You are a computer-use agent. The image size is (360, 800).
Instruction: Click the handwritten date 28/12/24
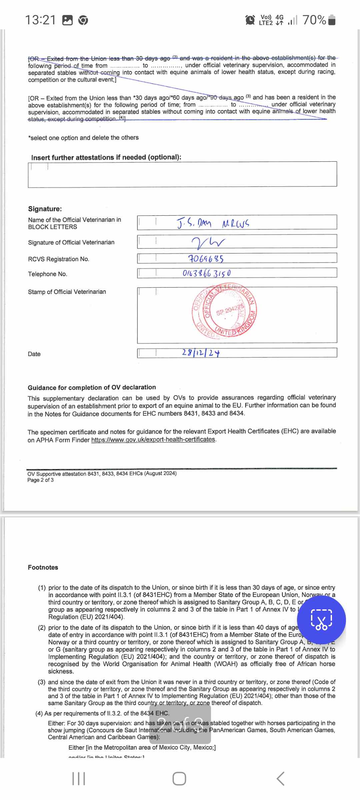click(x=201, y=353)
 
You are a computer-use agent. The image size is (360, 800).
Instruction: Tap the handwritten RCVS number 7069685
click(x=206, y=259)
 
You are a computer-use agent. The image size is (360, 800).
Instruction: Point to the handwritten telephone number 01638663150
click(x=207, y=273)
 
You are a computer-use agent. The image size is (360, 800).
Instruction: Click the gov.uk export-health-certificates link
click(x=153, y=440)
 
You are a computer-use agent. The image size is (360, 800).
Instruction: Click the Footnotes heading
click(x=43, y=567)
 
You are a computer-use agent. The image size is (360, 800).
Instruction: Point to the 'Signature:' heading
click(x=45, y=209)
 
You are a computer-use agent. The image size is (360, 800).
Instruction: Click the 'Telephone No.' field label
click(x=48, y=274)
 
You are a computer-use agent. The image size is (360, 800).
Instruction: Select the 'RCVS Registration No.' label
click(x=59, y=259)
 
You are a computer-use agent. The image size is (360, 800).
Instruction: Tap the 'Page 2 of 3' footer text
click(x=40, y=480)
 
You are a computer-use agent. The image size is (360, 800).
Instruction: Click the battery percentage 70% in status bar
click(x=314, y=20)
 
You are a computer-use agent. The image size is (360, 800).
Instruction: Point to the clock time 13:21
click(x=41, y=20)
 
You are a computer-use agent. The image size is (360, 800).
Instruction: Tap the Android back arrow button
click(x=281, y=779)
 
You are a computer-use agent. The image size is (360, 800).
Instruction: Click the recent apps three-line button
click(x=79, y=779)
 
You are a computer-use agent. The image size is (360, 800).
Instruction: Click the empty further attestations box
click(x=182, y=174)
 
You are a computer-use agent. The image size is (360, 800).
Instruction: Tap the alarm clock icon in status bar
click(x=250, y=20)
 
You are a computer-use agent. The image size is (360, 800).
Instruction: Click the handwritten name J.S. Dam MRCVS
click(x=213, y=223)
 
